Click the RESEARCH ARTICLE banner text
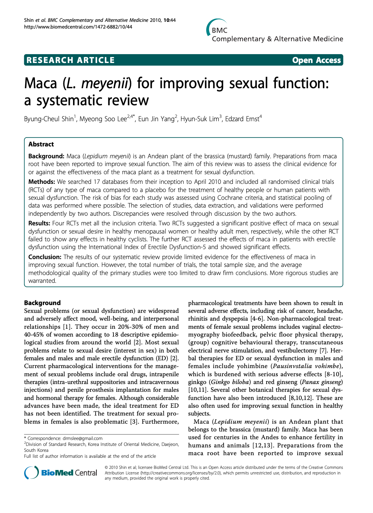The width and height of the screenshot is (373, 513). coord(70,60)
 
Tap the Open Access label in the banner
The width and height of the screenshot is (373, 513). coord(316,60)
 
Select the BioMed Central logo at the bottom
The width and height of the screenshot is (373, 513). coord(61,473)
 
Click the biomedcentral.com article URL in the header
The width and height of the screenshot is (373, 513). coord(78,27)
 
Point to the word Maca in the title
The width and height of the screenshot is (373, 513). coord(40,83)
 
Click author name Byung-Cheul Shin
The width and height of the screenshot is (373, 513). coord(49,119)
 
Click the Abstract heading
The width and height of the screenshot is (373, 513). coord(41,144)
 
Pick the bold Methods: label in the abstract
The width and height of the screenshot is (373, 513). coord(42,182)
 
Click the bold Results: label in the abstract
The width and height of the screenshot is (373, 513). coord(39,223)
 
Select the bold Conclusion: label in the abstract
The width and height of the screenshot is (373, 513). coord(45,257)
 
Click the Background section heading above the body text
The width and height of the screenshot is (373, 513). coord(42,303)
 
